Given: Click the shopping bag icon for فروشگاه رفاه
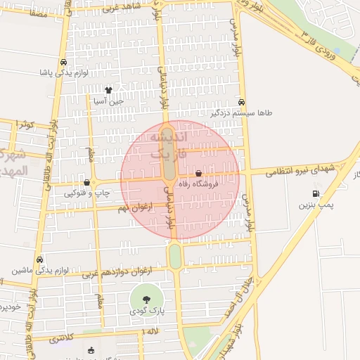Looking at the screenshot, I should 198,173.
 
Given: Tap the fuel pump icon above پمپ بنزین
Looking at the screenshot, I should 315,194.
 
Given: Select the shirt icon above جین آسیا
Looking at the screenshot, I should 108,90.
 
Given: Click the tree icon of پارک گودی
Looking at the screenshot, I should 146,300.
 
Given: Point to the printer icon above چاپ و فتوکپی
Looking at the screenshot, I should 86,182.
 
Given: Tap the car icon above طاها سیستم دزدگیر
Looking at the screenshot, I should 242,102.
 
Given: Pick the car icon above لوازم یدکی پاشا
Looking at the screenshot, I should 64,62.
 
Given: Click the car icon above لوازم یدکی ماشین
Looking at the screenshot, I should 39,259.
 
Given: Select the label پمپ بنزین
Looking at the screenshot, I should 314,206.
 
